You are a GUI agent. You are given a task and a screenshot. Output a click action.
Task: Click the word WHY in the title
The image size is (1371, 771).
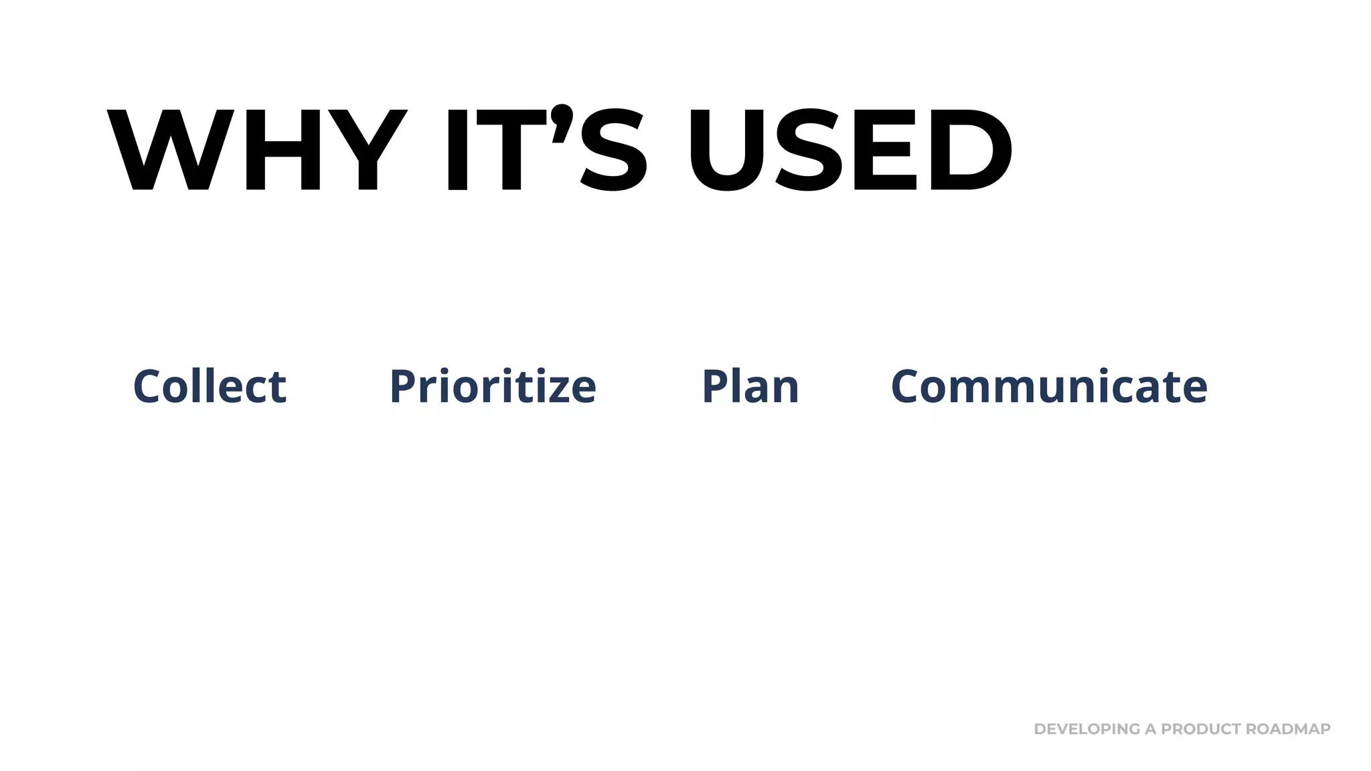pos(257,150)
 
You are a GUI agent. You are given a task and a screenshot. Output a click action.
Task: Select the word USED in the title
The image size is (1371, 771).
pos(851,150)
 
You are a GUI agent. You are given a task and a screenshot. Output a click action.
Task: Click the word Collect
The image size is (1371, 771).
pos(210,387)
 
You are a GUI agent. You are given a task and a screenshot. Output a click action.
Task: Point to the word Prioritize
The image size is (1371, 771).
pos(493,387)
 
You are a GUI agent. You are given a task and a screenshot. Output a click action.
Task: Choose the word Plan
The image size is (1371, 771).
pos(750,387)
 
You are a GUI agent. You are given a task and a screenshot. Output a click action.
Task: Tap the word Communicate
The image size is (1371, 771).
pos(1049,387)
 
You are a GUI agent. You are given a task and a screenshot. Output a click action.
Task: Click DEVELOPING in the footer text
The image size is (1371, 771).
pos(1086,729)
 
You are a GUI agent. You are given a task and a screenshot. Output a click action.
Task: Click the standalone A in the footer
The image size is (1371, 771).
pos(1150,729)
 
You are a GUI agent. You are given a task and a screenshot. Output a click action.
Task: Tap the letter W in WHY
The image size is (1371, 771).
pos(171,150)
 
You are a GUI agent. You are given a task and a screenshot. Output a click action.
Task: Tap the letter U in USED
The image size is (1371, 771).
pos(726,150)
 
